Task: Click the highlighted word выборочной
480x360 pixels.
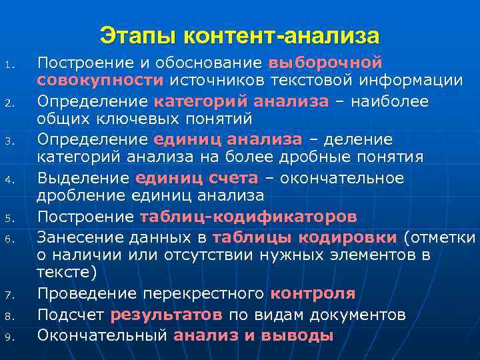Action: point(325,63)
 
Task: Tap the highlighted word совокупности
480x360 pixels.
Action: point(100,81)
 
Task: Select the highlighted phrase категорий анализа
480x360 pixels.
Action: point(241,101)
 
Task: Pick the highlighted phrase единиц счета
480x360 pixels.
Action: point(196,178)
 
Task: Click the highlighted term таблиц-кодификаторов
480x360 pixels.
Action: point(248,217)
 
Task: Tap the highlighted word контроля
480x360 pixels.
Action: point(313,294)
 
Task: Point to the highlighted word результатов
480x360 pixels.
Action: point(167,314)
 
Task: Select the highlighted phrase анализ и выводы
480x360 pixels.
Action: point(253,335)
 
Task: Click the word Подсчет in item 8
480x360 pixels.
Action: point(71,314)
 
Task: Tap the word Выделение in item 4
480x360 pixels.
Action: point(83,178)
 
